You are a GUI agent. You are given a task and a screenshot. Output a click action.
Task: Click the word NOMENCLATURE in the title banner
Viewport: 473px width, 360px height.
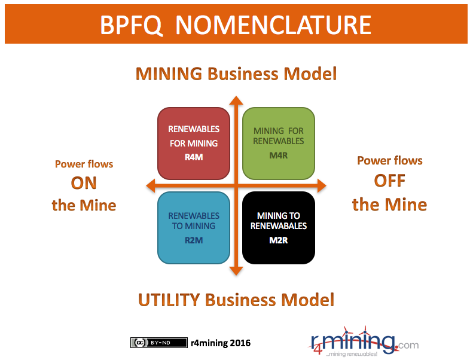(x=273, y=25)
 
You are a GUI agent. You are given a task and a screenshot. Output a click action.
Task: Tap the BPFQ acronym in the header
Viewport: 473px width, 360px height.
(x=131, y=25)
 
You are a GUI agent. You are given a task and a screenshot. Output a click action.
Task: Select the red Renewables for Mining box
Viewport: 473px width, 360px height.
(x=194, y=144)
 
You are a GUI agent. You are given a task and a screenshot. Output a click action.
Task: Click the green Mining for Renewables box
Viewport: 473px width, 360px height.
(x=279, y=144)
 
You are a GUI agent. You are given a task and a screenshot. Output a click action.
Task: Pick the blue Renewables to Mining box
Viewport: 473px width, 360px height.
(x=194, y=228)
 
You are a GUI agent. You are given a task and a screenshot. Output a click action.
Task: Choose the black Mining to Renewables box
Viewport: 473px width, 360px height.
(x=279, y=228)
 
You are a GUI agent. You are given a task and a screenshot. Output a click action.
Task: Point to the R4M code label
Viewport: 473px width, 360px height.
(x=194, y=157)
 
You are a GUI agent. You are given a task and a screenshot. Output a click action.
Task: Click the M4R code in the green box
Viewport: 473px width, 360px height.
(x=279, y=155)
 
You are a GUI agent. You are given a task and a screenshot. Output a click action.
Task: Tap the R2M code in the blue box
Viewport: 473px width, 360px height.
(x=194, y=240)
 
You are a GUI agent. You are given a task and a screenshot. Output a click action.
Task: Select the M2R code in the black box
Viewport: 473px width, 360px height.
(x=279, y=240)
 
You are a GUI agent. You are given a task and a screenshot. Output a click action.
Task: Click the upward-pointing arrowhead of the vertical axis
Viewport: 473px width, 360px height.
(x=236, y=100)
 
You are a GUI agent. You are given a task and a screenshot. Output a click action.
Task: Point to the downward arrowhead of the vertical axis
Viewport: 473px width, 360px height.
(x=236, y=271)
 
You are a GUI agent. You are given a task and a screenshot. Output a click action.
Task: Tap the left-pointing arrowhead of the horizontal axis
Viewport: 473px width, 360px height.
(x=151, y=185)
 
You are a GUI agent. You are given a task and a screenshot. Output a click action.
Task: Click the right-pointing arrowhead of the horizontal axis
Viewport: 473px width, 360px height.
(x=322, y=185)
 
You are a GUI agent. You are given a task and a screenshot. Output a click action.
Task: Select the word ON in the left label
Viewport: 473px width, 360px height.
(x=84, y=183)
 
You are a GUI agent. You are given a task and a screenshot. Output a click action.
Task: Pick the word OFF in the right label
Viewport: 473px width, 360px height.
(x=389, y=181)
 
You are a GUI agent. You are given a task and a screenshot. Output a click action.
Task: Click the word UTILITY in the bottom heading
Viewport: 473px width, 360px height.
(x=169, y=300)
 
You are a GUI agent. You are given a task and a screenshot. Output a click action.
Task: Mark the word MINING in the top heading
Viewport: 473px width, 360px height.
(x=169, y=74)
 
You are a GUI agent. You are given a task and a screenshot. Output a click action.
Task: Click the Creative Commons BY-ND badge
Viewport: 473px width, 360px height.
(x=159, y=343)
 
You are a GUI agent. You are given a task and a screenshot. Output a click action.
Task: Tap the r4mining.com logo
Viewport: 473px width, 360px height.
(x=364, y=342)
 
